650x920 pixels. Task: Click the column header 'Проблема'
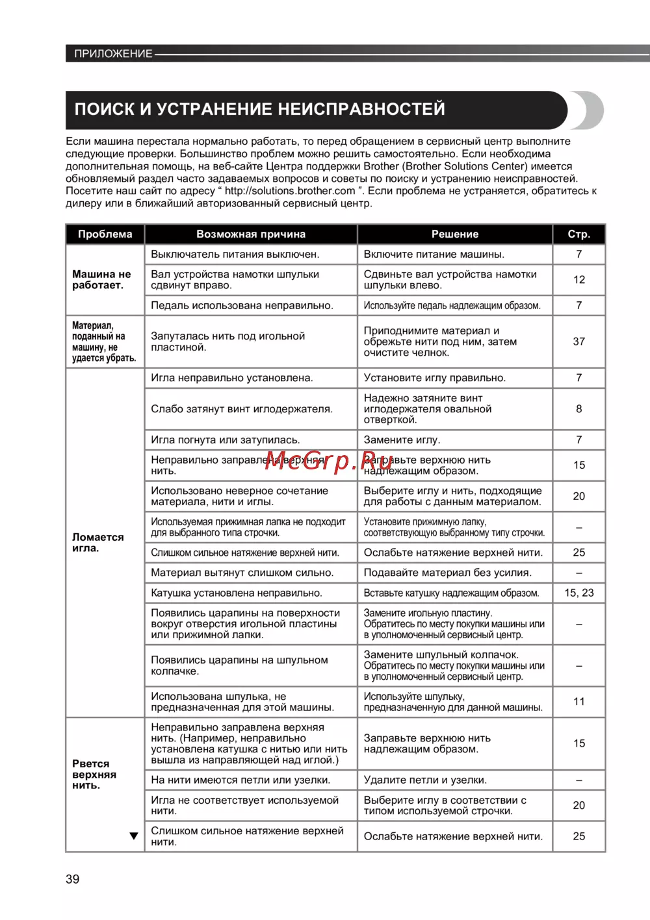tap(105, 234)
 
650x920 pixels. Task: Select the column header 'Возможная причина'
tap(251, 234)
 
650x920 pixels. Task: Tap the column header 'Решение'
tap(455, 234)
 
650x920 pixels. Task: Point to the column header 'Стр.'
tap(578, 234)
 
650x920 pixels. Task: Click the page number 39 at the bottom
tap(73, 879)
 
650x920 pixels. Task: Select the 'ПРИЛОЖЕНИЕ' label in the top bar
tap(113, 54)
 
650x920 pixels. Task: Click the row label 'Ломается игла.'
tap(97, 543)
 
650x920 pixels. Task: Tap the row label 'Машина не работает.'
tap(101, 280)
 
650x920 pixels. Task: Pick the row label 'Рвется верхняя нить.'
tap(94, 775)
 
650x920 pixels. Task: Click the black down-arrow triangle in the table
tap(134, 836)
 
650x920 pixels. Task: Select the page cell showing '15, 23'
tap(579, 593)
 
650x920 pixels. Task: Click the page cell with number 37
tap(579, 342)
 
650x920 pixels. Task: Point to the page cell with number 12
tap(579, 280)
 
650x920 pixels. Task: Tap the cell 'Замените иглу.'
tap(402, 440)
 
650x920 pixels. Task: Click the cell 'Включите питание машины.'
tap(434, 255)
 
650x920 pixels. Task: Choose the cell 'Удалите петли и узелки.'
tap(425, 780)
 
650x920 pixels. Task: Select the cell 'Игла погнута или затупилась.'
tap(226, 440)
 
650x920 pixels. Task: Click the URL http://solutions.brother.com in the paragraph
tap(290, 191)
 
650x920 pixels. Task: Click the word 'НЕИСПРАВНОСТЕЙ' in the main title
tap(361, 109)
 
